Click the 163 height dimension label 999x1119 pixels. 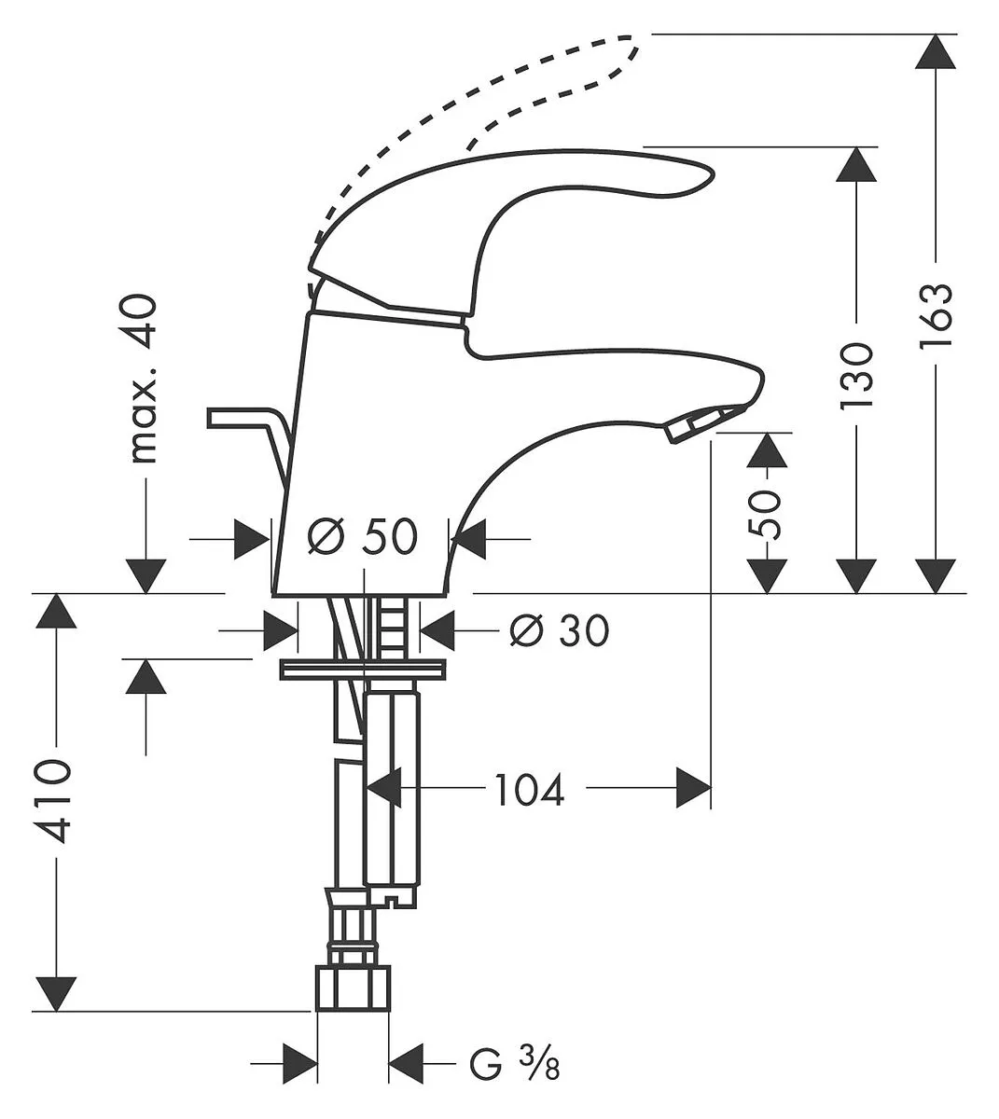click(936, 315)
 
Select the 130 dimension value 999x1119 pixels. click(856, 375)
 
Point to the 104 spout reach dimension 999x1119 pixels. click(529, 790)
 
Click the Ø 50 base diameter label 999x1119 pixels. click(363, 536)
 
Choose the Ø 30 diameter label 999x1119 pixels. click(559, 630)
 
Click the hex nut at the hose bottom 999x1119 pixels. click(354, 988)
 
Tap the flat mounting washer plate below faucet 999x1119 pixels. click(363, 669)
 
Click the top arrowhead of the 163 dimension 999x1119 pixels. click(936, 51)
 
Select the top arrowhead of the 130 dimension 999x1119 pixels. click(856, 164)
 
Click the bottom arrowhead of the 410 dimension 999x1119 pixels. click(56, 994)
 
